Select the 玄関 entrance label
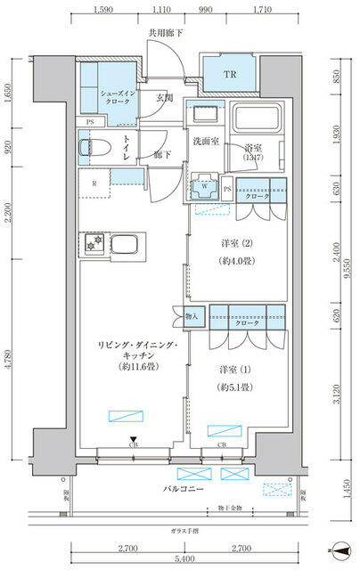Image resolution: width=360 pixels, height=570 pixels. pyautogui.click(x=165, y=99)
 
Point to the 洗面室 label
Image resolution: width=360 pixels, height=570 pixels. pyautogui.click(x=206, y=142)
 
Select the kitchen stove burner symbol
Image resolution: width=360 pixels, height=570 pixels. pyautogui.click(x=95, y=241)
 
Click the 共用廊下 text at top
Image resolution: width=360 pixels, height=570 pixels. pyautogui.click(x=167, y=34)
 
